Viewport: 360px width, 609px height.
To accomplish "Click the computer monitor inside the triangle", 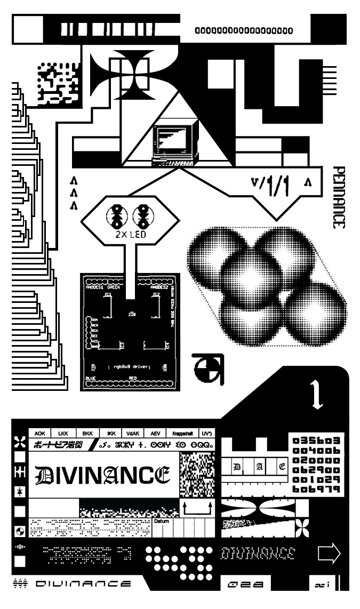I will click(x=171, y=140).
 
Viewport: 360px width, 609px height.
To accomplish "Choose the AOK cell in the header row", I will click(x=40, y=434).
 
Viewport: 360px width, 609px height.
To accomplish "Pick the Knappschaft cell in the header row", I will click(x=181, y=434).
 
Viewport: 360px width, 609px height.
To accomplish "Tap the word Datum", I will click(x=161, y=520).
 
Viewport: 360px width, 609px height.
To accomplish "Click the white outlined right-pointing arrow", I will click(x=329, y=553).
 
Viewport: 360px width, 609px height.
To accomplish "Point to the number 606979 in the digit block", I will click(x=315, y=489).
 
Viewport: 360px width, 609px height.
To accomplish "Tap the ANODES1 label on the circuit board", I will click(x=97, y=286).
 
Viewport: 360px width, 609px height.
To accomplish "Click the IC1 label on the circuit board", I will click(x=109, y=294).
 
